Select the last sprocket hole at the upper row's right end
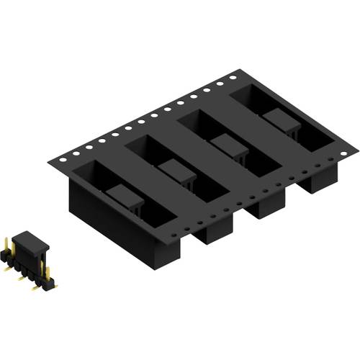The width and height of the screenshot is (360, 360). click(233, 74)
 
